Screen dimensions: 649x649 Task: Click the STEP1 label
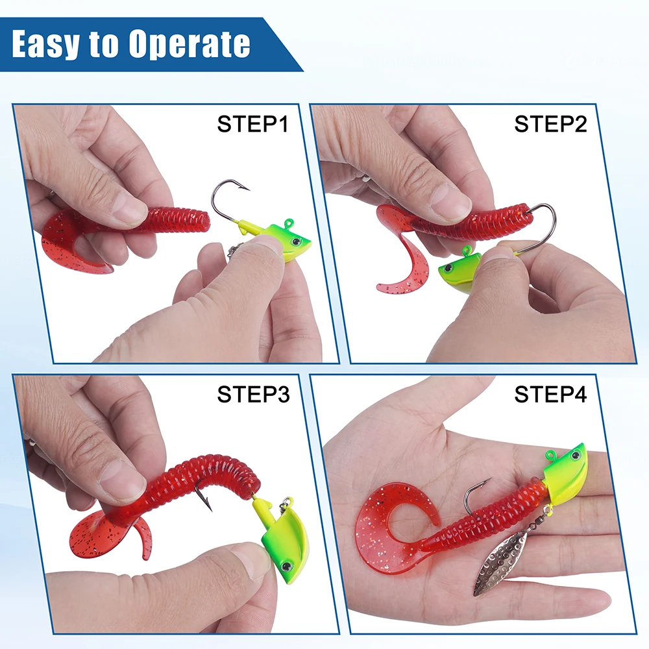click(252, 124)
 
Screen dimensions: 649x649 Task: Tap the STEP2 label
click(550, 124)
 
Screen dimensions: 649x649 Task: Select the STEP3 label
click(253, 394)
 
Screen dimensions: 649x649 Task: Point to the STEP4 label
click(550, 394)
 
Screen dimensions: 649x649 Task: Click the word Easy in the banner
click(45, 44)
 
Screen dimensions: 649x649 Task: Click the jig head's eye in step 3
click(286, 565)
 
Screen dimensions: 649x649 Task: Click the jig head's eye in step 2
click(447, 268)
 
